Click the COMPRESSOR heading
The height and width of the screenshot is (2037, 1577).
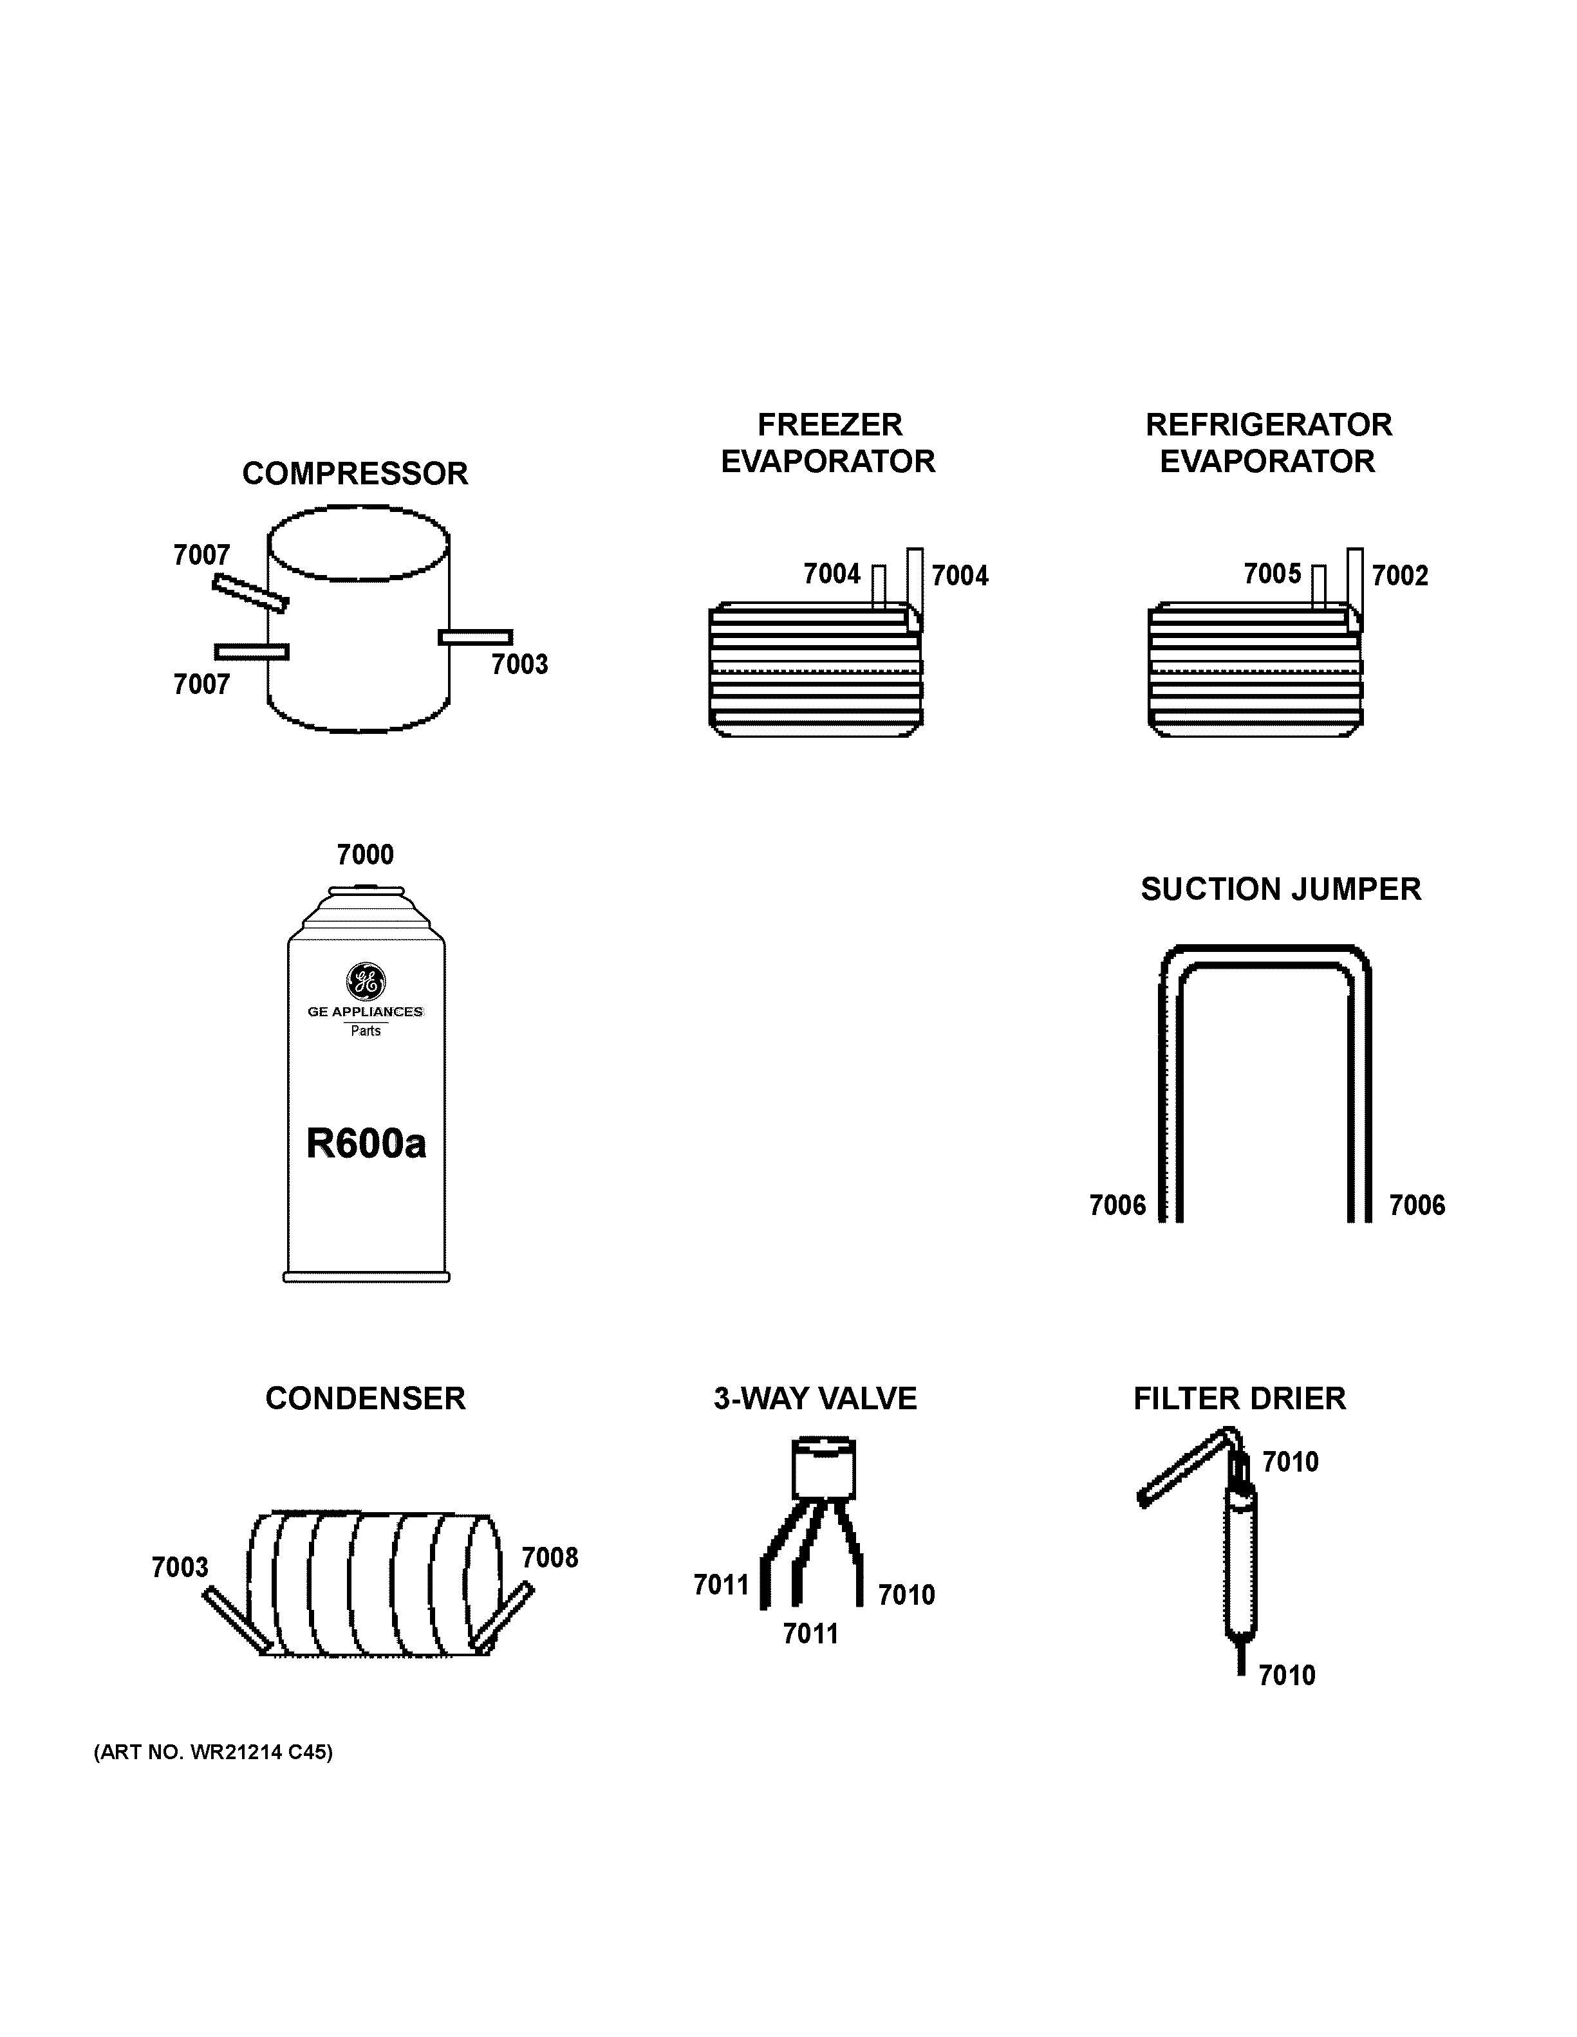[x=355, y=474]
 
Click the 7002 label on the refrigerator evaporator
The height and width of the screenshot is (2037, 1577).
[x=1400, y=576]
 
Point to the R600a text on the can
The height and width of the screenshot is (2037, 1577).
[x=366, y=1144]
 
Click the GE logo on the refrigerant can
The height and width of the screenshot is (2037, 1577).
[x=365, y=980]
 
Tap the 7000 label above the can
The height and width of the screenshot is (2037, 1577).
[x=365, y=854]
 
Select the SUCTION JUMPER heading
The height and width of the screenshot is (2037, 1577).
[x=1280, y=889]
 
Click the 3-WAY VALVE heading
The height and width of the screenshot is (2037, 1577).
[x=815, y=1398]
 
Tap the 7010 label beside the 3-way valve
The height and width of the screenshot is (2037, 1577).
[x=906, y=1595]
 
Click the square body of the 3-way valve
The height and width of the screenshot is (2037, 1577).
[x=823, y=1471]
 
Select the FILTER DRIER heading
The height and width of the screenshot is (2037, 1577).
[x=1239, y=1398]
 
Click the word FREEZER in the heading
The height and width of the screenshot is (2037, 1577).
[x=830, y=425]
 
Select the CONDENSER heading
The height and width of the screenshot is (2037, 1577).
[x=365, y=1398]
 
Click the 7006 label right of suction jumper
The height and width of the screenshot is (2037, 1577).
[x=1417, y=1205]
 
